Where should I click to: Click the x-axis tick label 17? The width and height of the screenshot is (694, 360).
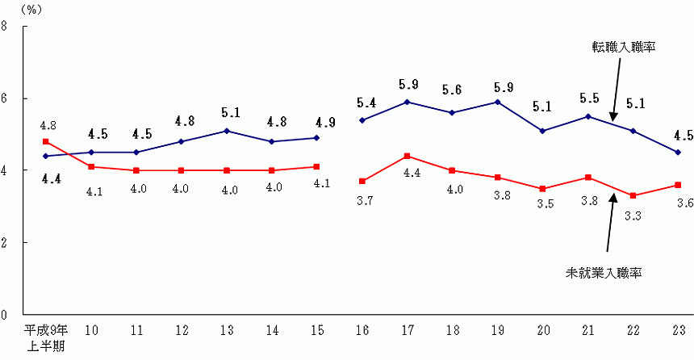(407, 331)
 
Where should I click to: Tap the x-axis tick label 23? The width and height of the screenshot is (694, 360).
(678, 331)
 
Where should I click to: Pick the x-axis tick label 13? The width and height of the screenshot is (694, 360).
(226, 331)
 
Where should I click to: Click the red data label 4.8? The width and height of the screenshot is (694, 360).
(47, 126)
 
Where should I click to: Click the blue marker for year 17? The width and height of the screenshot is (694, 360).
(407, 102)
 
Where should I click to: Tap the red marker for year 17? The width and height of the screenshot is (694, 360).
(407, 156)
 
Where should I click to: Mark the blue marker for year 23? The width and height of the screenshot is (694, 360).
(678, 152)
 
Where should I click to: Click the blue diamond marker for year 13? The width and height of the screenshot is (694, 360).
(226, 131)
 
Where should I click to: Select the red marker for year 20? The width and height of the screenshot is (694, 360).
(542, 188)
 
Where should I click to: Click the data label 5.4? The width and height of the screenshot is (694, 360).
(366, 103)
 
